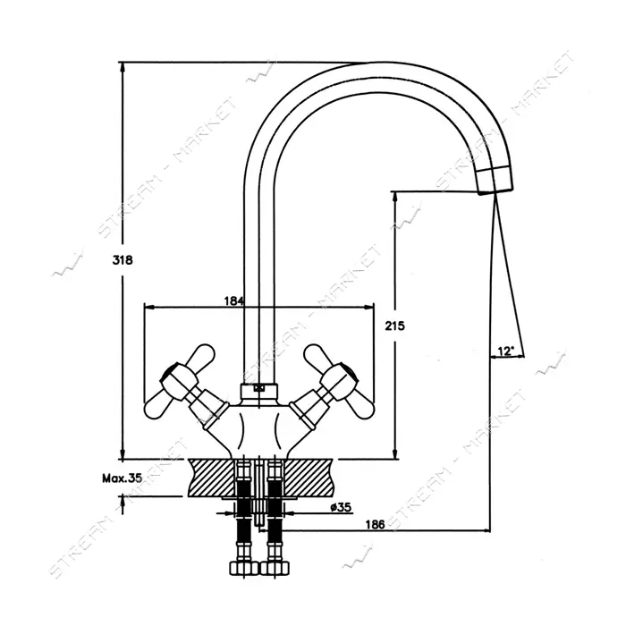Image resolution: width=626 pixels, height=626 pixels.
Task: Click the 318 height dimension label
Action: coord(123,260)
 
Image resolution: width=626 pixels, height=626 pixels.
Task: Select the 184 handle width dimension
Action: coord(233,301)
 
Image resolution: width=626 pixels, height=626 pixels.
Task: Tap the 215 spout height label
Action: coord(395,326)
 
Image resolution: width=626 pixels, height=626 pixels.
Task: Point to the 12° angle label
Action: coord(505,351)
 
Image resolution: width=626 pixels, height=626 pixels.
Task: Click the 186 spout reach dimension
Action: coord(375,524)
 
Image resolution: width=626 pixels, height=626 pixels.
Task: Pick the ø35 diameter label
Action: coord(341,507)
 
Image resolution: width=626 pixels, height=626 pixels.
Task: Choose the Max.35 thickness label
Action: coord(122,478)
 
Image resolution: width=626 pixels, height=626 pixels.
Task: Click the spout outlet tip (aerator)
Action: coord(495,181)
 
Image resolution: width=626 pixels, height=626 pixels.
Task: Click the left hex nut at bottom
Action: coord(242,568)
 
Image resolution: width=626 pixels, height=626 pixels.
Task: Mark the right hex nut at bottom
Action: coord(274,568)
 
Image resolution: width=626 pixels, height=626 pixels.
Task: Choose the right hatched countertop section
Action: coord(309,478)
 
